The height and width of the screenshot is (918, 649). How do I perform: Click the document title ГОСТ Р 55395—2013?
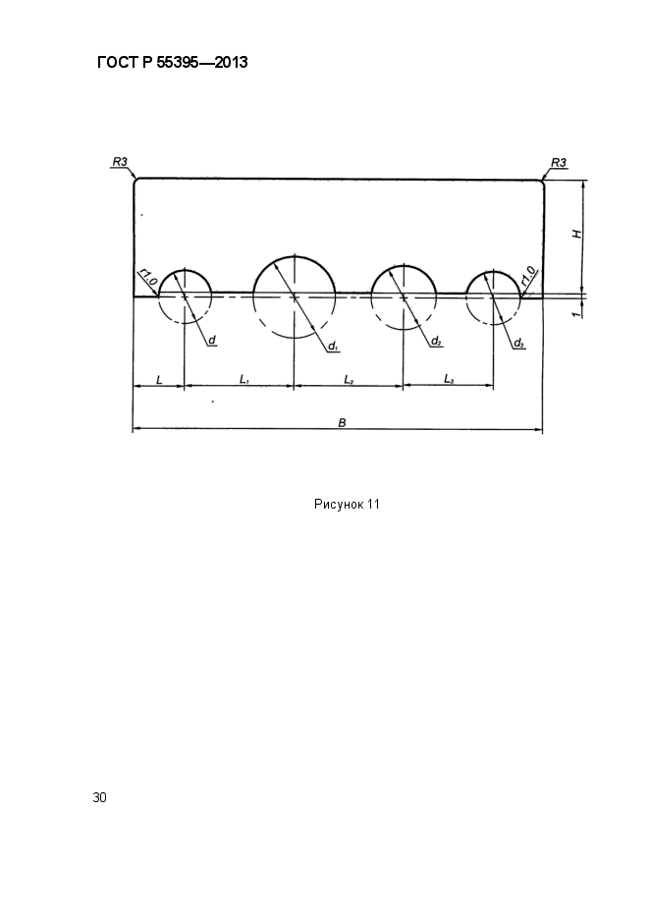coord(172,62)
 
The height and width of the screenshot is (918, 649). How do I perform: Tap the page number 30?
coord(99,797)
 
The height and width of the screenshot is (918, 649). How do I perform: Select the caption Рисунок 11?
coord(347,504)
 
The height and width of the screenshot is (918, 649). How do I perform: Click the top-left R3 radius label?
coord(120,162)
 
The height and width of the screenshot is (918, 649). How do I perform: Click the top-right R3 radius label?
coord(559,162)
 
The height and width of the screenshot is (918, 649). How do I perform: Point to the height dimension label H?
coord(577,235)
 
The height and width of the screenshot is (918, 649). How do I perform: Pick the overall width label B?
coord(343,422)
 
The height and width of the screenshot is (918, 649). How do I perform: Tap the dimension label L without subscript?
coord(159,380)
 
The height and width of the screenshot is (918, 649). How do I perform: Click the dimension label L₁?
coord(244,379)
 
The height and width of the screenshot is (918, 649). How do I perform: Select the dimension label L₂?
coord(349,380)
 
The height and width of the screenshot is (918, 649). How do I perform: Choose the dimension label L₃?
coord(449,379)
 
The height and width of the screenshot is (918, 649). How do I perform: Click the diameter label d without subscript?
coord(212,340)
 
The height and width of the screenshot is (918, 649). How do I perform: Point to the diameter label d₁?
coord(333,346)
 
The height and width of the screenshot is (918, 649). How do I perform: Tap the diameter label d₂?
coord(436,340)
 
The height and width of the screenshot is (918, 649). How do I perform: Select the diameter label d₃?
coord(518,343)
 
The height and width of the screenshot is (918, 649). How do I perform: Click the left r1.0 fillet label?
coord(147,278)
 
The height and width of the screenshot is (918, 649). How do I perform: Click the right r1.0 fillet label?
coord(528,277)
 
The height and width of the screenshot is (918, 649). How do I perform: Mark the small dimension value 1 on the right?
coord(576,314)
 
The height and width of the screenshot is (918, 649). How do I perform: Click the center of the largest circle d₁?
coord(295,297)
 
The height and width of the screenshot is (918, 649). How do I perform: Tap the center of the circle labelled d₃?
coord(493,297)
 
